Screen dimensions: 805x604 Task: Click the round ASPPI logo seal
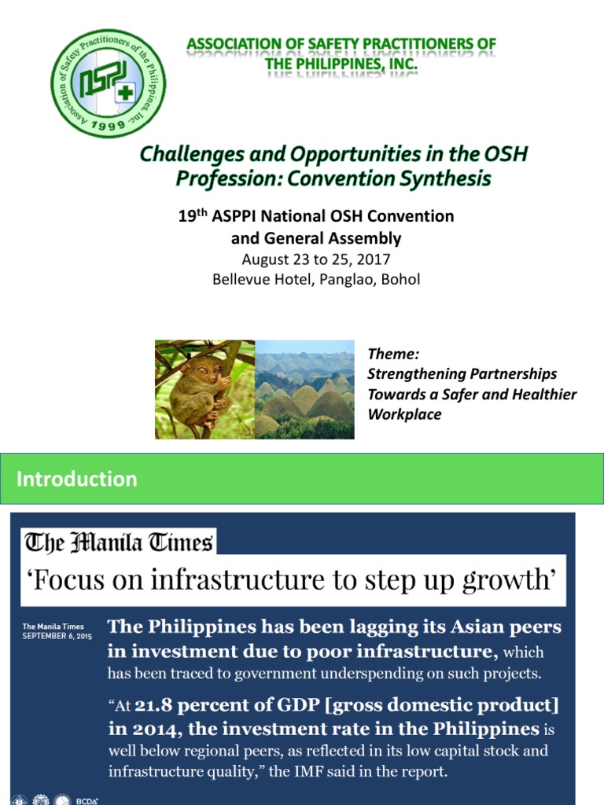[x=108, y=83]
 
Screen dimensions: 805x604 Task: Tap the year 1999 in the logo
[x=109, y=124]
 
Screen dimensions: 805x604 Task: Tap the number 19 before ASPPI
[x=186, y=216]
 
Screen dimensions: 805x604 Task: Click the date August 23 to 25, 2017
[x=316, y=259]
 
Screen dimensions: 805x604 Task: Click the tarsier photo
[x=204, y=389]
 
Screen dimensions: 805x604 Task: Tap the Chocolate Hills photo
[x=304, y=389]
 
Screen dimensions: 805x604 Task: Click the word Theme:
[x=392, y=355]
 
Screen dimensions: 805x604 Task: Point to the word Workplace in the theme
[x=404, y=414]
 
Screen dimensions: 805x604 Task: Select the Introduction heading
[x=77, y=479]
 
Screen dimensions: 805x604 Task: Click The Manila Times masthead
[x=119, y=542]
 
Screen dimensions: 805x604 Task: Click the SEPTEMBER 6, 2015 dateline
[x=57, y=634]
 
